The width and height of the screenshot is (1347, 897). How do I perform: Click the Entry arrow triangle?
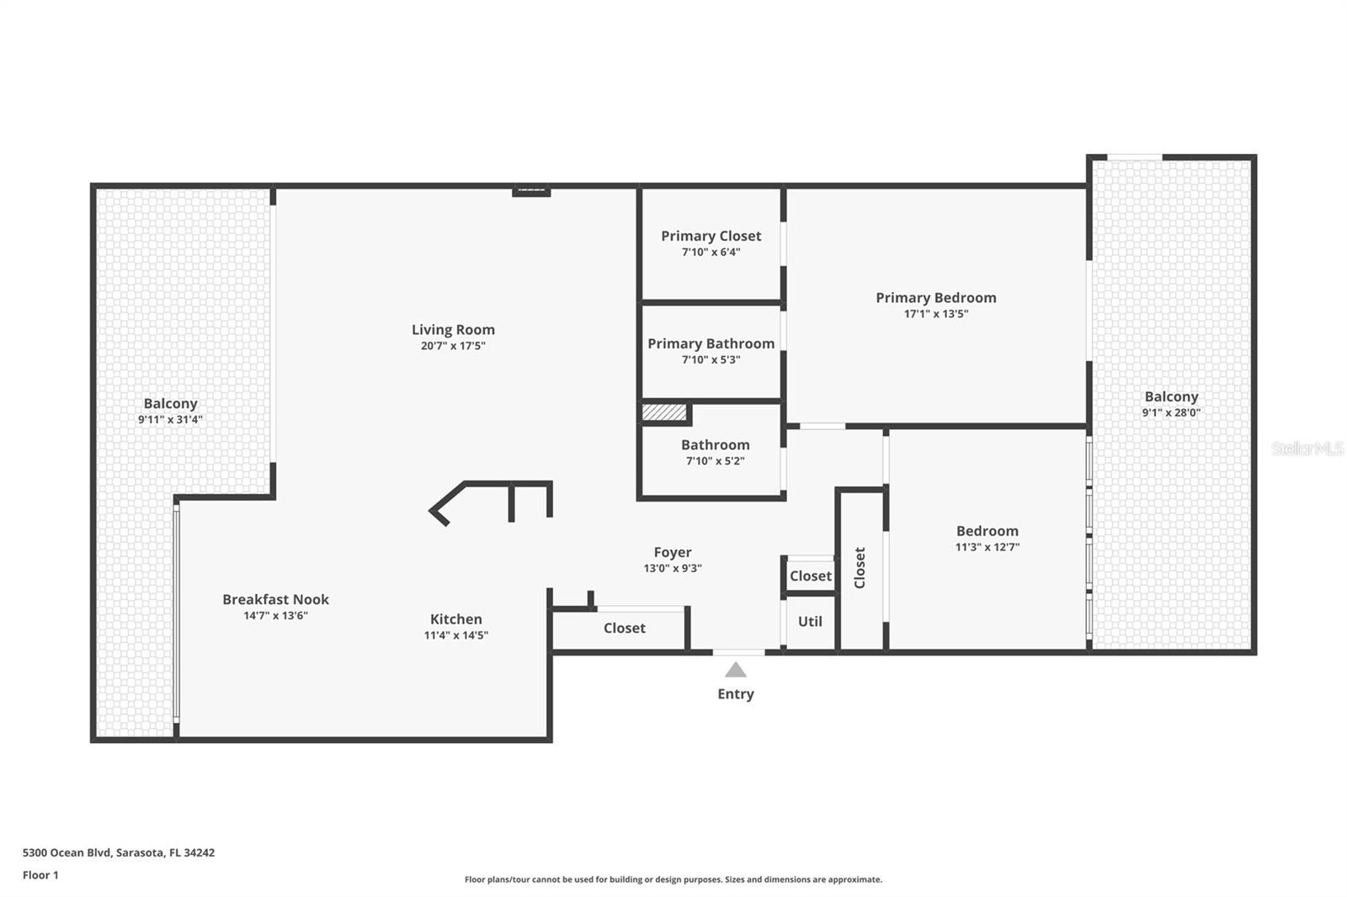tap(735, 670)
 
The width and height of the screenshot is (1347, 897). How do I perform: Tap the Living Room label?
tap(453, 330)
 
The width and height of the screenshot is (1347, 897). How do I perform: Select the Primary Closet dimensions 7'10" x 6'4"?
tap(711, 252)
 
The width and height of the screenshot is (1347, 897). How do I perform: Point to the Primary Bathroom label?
tap(711, 343)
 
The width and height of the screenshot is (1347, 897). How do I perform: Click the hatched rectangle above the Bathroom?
tap(664, 412)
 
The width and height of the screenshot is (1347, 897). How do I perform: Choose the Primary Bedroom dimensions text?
tap(935, 313)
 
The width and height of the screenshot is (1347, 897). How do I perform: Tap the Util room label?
tap(809, 621)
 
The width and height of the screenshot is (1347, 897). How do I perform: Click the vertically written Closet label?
tap(860, 567)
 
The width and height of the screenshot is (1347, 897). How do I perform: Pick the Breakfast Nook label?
tap(275, 599)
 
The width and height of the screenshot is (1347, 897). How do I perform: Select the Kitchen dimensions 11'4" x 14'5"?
tap(455, 634)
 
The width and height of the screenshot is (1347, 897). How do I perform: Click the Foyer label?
tap(673, 552)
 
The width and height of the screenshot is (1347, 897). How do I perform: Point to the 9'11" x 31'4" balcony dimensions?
tap(170, 419)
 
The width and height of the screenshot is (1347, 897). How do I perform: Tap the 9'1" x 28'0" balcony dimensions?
tap(1171, 412)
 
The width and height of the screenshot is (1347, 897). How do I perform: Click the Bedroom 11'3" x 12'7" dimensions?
tap(987, 546)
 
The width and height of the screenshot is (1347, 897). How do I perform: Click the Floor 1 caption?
tap(40, 875)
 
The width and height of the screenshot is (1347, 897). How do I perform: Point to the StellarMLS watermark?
tap(1307, 448)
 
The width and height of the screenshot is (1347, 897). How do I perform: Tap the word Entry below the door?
tap(736, 694)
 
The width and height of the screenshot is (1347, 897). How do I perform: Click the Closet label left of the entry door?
tap(624, 628)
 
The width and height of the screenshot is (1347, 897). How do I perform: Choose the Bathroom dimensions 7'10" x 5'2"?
tap(715, 460)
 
